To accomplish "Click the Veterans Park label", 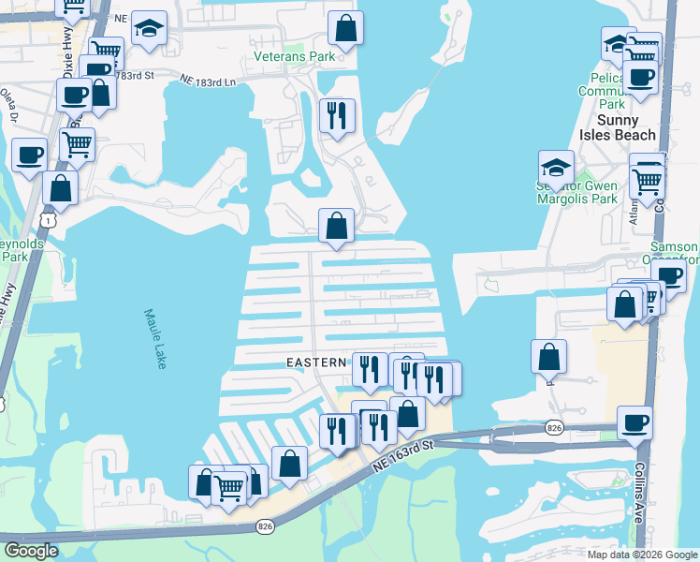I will pyautogui.click(x=294, y=56).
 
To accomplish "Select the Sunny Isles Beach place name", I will pyautogui.click(x=617, y=127).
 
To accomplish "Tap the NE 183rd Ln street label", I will pyautogui.click(x=208, y=81).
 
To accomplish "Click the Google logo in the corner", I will pyautogui.click(x=32, y=551).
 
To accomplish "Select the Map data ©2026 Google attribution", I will pyautogui.click(x=642, y=555).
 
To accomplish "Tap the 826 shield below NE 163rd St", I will pyautogui.click(x=265, y=528).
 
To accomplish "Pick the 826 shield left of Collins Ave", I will pyautogui.click(x=555, y=428).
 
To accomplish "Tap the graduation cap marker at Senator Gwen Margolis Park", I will pyautogui.click(x=556, y=167).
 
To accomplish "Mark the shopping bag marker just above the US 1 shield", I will pyautogui.click(x=60, y=187).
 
